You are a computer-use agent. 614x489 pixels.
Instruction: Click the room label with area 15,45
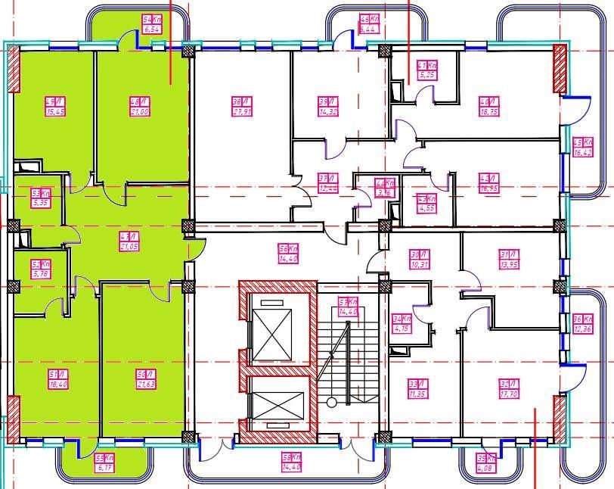click(54, 107)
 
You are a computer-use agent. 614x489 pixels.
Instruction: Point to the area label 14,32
click(327, 107)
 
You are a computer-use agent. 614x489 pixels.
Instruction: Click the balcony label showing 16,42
click(582, 147)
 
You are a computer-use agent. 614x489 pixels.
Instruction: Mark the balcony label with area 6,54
click(153, 24)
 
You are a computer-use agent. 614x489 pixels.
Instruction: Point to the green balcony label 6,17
click(104, 463)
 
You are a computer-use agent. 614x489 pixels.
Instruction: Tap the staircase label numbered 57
click(348, 307)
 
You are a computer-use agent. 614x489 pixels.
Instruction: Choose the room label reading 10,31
click(419, 260)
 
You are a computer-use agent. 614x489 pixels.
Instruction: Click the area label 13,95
click(508, 260)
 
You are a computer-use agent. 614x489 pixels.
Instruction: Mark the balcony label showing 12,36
click(582, 323)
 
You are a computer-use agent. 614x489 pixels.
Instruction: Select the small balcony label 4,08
click(486, 462)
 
